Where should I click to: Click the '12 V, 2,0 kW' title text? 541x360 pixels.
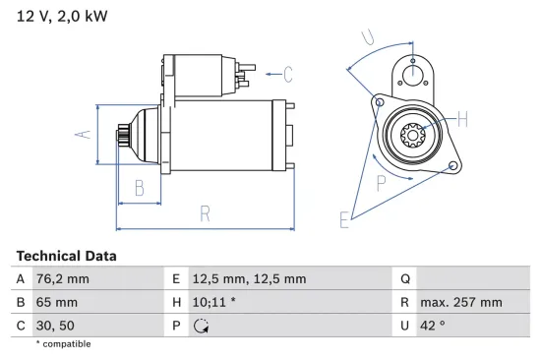(59, 17)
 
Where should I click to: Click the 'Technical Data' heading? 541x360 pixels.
(66, 256)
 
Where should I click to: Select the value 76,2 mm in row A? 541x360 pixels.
(62, 279)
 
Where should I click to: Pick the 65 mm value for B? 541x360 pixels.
(54, 303)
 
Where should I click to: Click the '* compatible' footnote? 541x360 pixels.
(62, 344)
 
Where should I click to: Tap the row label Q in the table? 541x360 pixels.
(405, 279)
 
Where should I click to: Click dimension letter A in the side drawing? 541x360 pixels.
(85, 134)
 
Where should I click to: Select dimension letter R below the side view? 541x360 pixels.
(205, 212)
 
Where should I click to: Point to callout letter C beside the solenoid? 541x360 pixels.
(288, 72)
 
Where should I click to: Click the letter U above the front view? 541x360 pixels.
(367, 38)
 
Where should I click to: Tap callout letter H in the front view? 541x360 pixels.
(462, 119)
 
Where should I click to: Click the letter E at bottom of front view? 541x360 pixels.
(344, 220)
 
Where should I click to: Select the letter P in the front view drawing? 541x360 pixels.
(382, 181)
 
